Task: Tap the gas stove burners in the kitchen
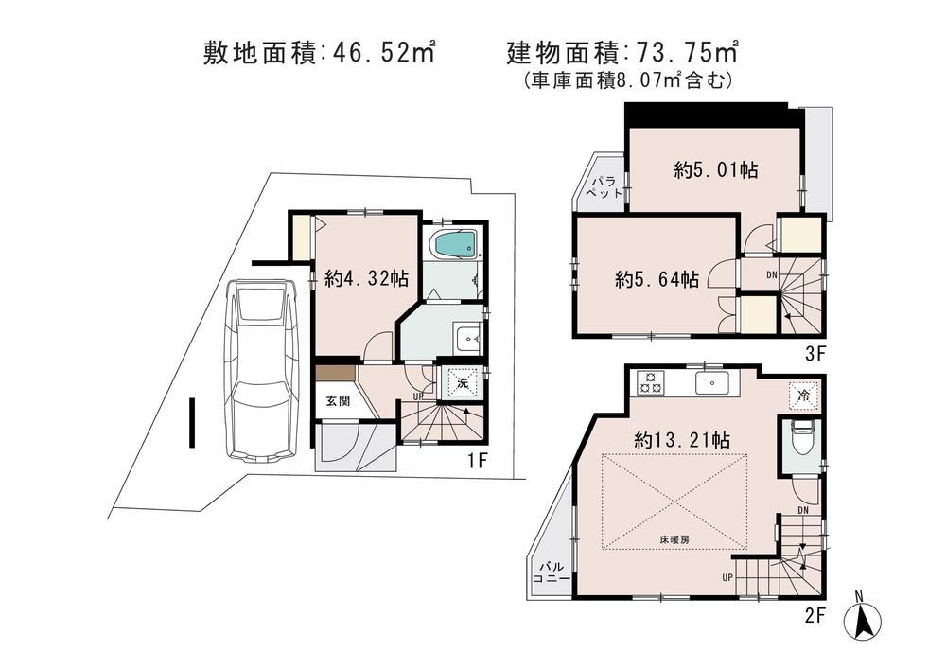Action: tap(651, 382)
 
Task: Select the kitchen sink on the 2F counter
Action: tap(709, 382)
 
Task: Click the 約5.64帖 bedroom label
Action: tap(657, 279)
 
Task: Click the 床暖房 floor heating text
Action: tap(675, 539)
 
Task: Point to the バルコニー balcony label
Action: tap(550, 573)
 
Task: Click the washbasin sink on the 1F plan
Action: tap(466, 338)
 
